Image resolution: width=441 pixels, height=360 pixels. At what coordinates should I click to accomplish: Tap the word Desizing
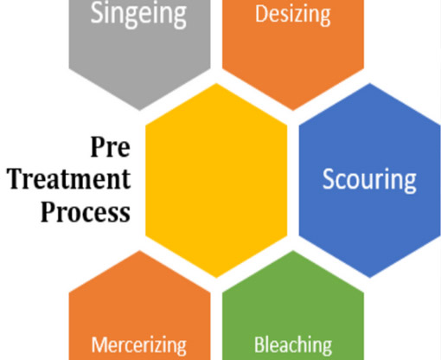(x=293, y=15)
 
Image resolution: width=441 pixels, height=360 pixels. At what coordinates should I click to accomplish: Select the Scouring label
(x=369, y=180)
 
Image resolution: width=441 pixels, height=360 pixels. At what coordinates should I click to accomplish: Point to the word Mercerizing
(x=139, y=345)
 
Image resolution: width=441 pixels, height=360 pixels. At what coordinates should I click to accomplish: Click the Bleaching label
(x=293, y=344)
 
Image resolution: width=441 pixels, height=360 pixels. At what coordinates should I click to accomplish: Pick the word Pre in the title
(x=111, y=147)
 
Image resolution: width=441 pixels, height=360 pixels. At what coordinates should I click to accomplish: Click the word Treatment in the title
(x=69, y=179)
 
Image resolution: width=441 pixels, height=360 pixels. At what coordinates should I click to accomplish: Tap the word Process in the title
(x=86, y=212)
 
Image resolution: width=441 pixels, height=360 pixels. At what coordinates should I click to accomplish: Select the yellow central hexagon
(x=216, y=180)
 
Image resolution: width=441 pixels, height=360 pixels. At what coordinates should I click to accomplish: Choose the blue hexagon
(x=370, y=180)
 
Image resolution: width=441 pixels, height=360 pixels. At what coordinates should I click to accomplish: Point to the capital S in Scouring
(x=329, y=179)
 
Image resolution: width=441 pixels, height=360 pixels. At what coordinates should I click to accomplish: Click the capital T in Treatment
(x=16, y=179)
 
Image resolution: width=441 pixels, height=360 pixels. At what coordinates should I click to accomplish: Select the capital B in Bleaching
(x=259, y=344)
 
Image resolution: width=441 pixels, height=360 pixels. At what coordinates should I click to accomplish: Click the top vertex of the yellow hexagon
(x=216, y=83)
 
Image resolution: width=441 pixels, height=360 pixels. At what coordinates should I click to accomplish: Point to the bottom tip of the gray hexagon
(x=140, y=111)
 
